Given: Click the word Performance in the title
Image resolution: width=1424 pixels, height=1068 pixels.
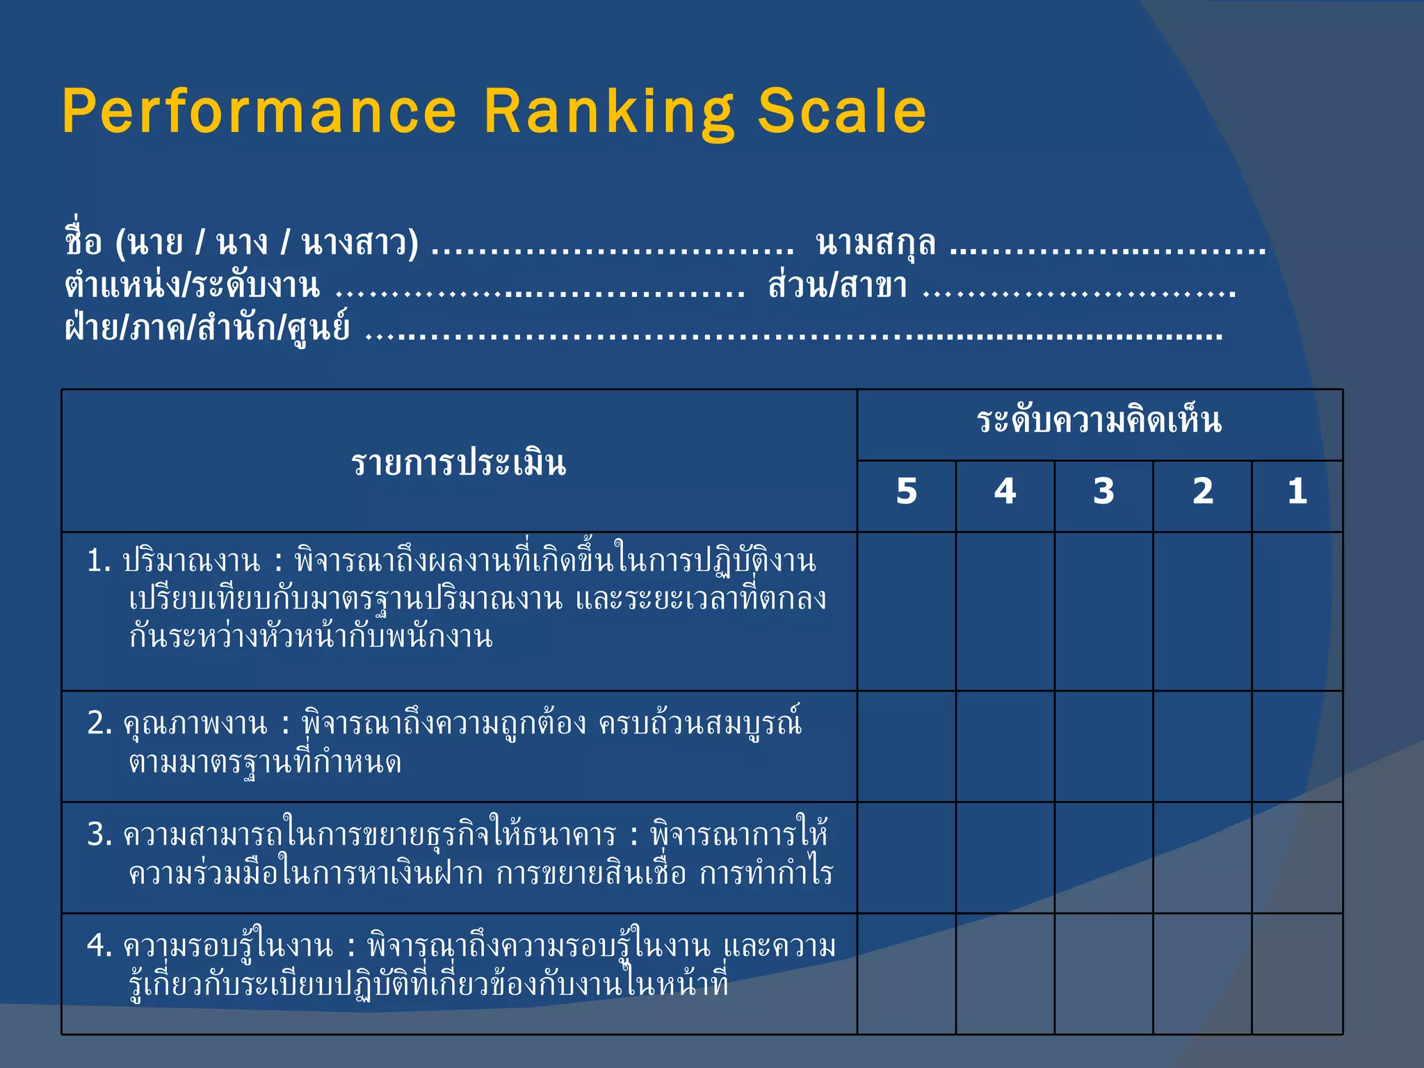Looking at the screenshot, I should pyautogui.click(x=259, y=112).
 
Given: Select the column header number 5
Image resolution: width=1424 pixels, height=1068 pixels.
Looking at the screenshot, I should pyautogui.click(x=907, y=492).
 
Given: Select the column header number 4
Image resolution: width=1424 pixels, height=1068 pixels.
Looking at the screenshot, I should pyautogui.click(x=1005, y=492).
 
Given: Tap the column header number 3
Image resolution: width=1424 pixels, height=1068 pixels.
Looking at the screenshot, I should pyautogui.click(x=1103, y=492).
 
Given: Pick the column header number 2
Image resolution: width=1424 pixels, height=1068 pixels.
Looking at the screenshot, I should pyautogui.click(x=1203, y=492).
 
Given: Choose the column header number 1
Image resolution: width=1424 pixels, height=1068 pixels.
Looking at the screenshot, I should pyautogui.click(x=1297, y=492).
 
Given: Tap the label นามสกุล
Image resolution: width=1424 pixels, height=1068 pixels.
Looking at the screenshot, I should pyautogui.click(x=876, y=243).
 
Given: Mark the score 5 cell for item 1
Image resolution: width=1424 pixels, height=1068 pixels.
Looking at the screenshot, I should pyautogui.click(x=907, y=612).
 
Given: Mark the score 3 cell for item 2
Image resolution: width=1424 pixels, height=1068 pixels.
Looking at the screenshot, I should pyautogui.click(x=1103, y=747).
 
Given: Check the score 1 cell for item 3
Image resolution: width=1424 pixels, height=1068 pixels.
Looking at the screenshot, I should pyautogui.click(x=1297, y=858).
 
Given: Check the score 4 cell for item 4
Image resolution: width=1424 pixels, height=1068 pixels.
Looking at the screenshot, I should pyautogui.click(x=1005, y=973).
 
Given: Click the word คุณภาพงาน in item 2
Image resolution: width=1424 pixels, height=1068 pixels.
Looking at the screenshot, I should pyautogui.click(x=195, y=725).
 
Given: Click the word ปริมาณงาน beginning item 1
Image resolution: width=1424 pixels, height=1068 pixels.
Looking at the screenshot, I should pyautogui.click(x=191, y=561).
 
